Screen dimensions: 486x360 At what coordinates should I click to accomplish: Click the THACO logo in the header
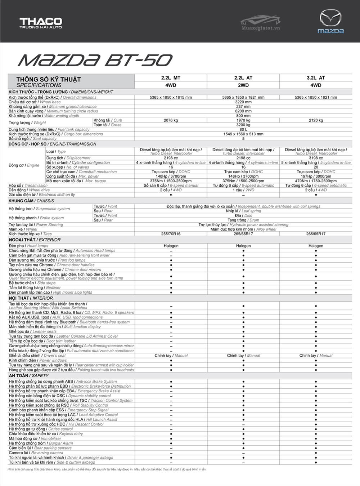coord(41,23)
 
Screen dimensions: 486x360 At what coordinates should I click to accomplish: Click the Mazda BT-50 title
coord(95,61)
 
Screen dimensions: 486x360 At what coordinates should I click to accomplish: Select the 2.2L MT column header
coord(171,78)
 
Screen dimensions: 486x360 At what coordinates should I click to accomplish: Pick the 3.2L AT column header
coord(316,78)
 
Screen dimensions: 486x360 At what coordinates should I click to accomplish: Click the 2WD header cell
coord(243,85)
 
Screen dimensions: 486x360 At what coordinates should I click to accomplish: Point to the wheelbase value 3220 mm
coord(243,102)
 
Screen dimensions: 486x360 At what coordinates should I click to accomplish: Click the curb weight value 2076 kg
coord(171,120)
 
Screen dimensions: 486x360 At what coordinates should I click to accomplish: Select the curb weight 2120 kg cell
coord(316,120)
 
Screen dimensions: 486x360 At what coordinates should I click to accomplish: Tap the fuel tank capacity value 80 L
coord(243,129)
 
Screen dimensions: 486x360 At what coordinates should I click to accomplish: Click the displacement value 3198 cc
coord(316,158)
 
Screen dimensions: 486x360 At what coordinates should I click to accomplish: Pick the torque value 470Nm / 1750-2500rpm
coord(316,181)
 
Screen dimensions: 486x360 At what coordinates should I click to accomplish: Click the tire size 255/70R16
coord(171,234)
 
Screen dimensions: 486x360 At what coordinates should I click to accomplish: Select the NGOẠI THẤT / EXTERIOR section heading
coord(35,240)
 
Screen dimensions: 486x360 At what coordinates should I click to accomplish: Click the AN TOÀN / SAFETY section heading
coord(29,375)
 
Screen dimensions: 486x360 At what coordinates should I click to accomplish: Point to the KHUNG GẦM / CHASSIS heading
coord(31,201)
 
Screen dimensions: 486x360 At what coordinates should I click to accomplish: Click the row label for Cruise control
coord(41,429)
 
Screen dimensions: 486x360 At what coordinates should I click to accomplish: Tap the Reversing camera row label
coord(36,453)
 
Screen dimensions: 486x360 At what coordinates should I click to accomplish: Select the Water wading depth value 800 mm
coord(243,116)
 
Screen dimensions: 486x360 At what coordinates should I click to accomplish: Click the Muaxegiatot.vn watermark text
coord(261,28)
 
